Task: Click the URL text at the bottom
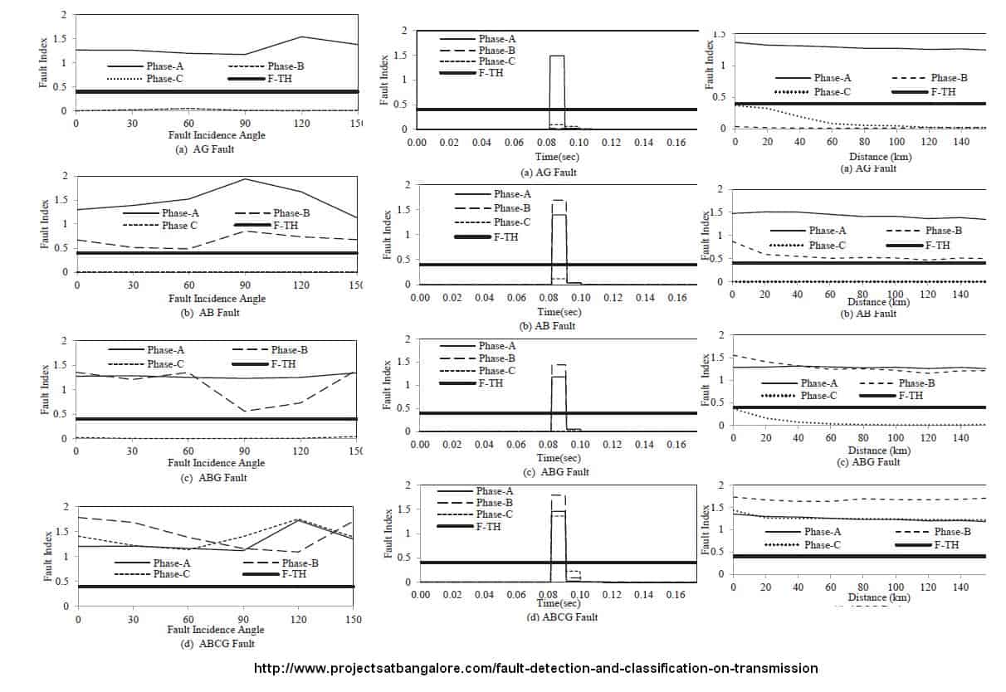pos(535,668)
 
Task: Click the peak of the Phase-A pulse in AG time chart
pos(557,56)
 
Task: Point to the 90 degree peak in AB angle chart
pos(245,178)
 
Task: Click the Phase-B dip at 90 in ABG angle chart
pos(245,411)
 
